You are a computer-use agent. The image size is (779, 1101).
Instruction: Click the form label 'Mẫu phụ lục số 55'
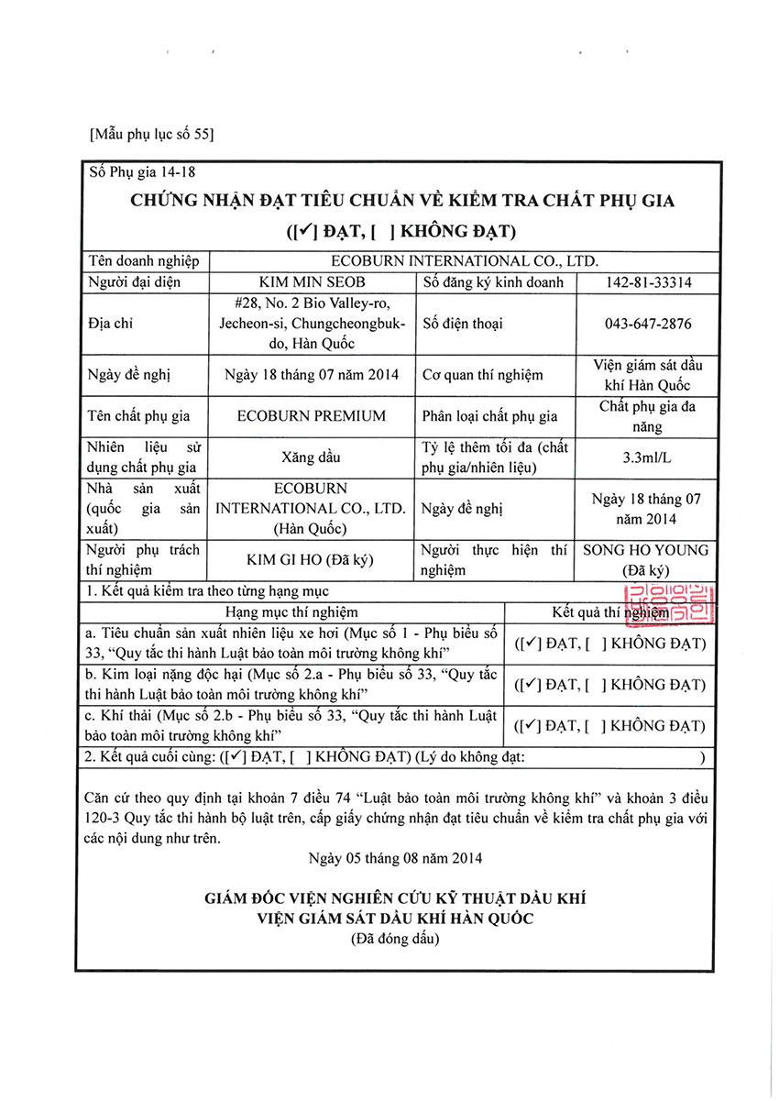[x=152, y=135]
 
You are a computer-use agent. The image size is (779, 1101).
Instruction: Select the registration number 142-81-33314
[x=649, y=282]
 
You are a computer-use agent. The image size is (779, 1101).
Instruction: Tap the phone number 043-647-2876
[x=649, y=324]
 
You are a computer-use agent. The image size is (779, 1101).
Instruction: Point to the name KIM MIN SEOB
[x=312, y=282]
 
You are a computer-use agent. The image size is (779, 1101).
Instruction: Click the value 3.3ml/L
[x=649, y=457]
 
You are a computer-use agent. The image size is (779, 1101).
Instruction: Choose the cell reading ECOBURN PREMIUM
[x=312, y=415]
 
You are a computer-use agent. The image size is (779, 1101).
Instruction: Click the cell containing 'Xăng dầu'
[x=312, y=457]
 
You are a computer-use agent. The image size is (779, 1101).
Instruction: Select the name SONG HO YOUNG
[x=646, y=550]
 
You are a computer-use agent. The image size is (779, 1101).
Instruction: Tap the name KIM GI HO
[x=293, y=559]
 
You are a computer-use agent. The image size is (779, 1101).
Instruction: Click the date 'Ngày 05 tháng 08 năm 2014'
[x=396, y=859]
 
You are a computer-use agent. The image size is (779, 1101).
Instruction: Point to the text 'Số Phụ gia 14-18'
[x=142, y=171]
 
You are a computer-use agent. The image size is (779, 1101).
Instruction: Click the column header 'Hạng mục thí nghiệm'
[x=292, y=611]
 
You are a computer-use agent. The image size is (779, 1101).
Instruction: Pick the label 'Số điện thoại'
[x=463, y=324]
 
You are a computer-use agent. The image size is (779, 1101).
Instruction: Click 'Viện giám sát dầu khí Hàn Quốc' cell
[x=649, y=374]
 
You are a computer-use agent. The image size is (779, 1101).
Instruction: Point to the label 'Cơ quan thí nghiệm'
[x=482, y=374]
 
